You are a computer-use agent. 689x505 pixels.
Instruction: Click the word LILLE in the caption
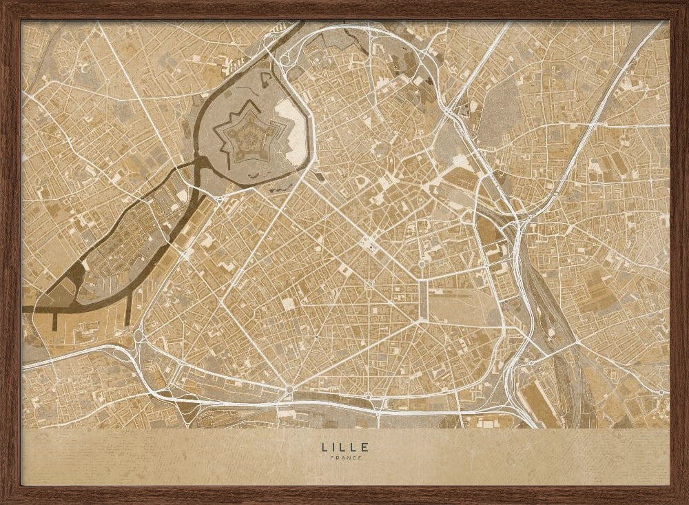(344, 446)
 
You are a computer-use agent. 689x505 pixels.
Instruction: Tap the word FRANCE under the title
(344, 458)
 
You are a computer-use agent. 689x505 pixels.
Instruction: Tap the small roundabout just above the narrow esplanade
(422, 264)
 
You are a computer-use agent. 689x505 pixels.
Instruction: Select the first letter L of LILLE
(324, 446)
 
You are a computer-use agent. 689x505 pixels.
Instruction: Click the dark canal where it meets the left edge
(24, 309)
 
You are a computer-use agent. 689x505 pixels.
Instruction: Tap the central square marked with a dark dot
(369, 241)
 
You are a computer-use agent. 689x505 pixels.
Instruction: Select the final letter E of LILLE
(365, 446)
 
